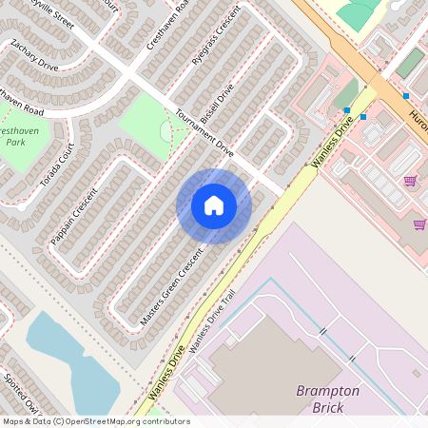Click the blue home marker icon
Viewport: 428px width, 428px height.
(x=214, y=205)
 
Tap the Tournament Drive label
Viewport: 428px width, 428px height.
(x=204, y=131)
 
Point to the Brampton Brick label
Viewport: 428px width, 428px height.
(x=327, y=399)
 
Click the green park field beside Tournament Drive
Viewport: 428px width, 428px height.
(x=147, y=124)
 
